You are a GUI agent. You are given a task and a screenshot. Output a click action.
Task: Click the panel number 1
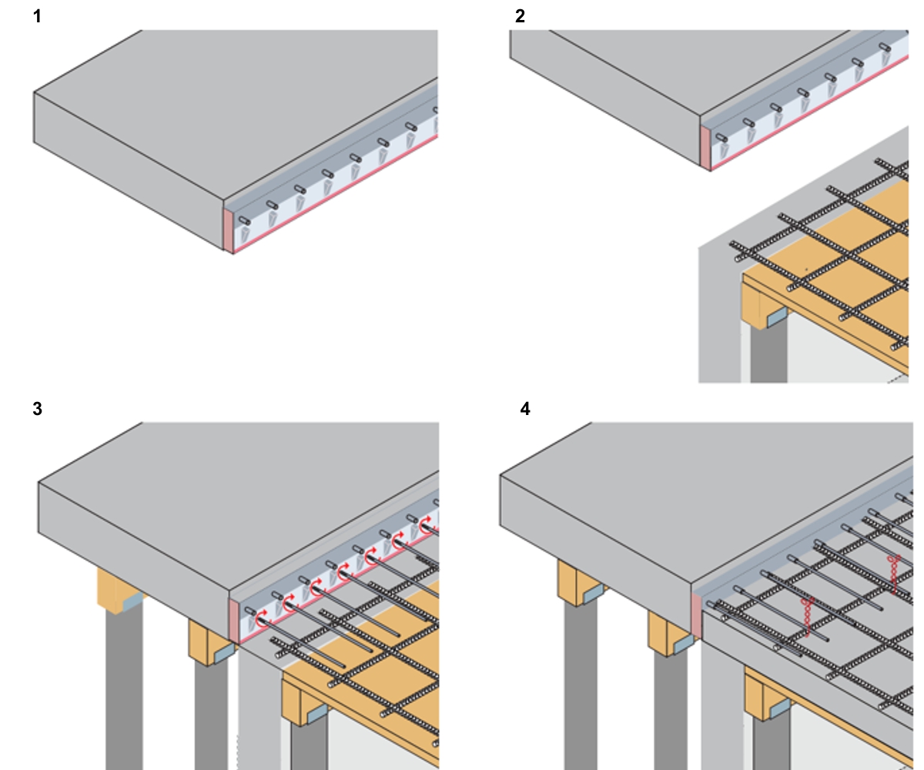pyautogui.click(x=37, y=15)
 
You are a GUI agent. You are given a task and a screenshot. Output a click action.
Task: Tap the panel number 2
pyautogui.click(x=520, y=15)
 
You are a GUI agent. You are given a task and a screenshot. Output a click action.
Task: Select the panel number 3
pyautogui.click(x=37, y=409)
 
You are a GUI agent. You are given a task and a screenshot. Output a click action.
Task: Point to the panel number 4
pyautogui.click(x=525, y=409)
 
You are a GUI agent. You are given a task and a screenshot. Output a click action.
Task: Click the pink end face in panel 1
pyautogui.click(x=228, y=229)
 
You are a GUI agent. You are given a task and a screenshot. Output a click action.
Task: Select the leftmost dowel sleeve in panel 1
pyautogui.click(x=245, y=220)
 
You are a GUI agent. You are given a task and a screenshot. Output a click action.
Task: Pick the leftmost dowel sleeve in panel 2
pyautogui.click(x=721, y=138)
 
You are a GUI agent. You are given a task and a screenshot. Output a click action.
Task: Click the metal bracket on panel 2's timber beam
pyautogui.click(x=775, y=316)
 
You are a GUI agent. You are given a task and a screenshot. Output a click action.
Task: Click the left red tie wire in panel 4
pyautogui.click(x=808, y=616)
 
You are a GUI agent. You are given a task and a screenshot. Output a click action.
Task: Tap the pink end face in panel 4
pyautogui.click(x=696, y=617)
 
